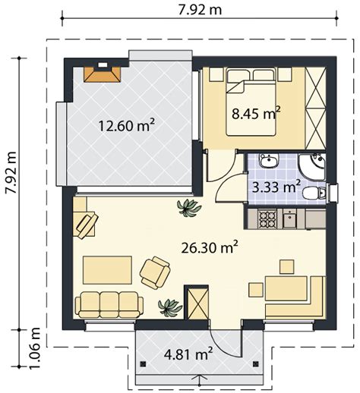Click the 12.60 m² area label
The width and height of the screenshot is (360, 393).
coord(126,125)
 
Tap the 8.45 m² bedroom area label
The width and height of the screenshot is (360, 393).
coord(256,114)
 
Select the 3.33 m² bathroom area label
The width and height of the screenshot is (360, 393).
coord(276,187)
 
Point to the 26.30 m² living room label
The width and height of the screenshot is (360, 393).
coord(210,247)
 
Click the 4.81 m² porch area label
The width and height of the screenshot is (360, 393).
coord(188,354)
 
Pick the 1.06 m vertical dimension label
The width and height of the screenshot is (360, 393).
coord(34,348)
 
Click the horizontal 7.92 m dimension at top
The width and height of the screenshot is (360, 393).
coord(200,10)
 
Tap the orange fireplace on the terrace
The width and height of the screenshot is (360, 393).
coord(103,73)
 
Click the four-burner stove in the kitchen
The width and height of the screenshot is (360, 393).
coord(267,219)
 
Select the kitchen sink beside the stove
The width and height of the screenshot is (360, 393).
coord(290,219)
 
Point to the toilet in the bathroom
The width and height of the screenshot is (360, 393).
coord(314,194)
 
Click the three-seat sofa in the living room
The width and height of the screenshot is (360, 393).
coord(109,305)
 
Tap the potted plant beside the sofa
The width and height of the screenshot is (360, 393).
coord(169,307)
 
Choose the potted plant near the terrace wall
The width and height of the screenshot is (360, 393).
coord(189,207)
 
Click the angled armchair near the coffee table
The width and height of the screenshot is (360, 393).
coord(155,273)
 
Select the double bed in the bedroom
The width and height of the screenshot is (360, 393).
coord(251,102)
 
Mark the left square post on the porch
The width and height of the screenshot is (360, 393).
coord(144,364)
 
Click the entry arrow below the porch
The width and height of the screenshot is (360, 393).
coord(200,379)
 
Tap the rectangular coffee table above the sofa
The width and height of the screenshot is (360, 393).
coord(107,270)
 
